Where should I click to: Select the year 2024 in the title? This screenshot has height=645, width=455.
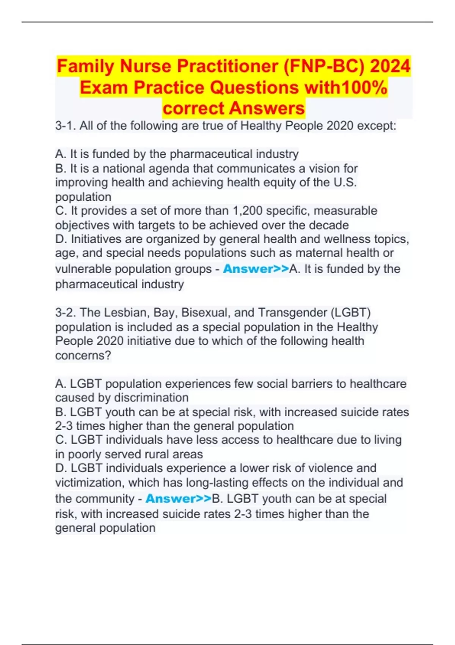click(390, 66)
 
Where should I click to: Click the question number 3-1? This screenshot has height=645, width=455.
click(66, 126)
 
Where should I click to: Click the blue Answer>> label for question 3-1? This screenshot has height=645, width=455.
click(256, 269)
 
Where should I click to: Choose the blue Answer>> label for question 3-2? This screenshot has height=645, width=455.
click(178, 499)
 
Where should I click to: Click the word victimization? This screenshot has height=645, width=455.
click(90, 483)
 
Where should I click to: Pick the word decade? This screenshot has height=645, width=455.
click(329, 225)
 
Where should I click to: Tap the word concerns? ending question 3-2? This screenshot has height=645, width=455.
click(83, 356)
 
